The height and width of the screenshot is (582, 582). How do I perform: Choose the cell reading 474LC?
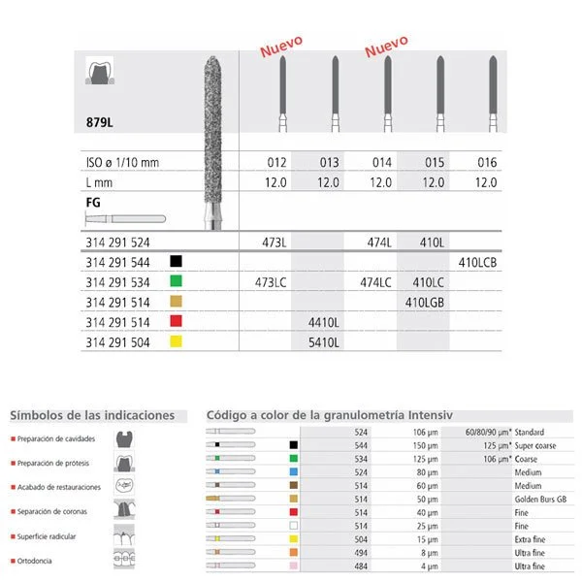[375, 281]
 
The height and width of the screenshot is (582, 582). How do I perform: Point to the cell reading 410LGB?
[422, 302]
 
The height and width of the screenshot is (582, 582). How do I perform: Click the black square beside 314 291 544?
[176, 261]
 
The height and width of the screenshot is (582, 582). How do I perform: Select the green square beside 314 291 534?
[176, 281]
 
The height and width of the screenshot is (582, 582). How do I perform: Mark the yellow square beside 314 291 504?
[176, 342]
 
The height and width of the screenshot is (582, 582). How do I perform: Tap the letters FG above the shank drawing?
[94, 201]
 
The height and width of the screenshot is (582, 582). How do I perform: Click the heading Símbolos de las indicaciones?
[92, 416]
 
